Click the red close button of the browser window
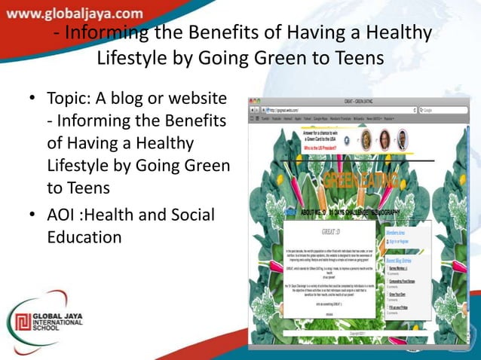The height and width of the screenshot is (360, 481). coord(253,100)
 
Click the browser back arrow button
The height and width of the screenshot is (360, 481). coord(253,110)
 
